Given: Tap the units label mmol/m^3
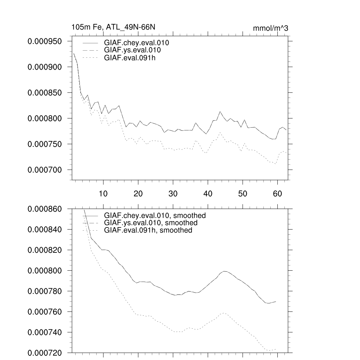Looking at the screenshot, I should click(270, 28).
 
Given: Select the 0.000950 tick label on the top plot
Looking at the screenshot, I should click(50, 41).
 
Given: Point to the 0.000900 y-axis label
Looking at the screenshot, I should click(50, 67).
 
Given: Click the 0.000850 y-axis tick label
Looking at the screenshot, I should click(50, 93).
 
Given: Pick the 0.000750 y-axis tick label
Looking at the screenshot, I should click(50, 144).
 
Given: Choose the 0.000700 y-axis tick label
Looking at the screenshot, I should click(50, 170).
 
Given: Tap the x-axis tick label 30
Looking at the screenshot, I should click(173, 194).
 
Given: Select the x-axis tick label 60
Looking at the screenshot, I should click(277, 194).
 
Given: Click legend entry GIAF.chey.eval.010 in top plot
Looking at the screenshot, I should click(136, 43).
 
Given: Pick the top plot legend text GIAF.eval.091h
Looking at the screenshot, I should click(130, 58).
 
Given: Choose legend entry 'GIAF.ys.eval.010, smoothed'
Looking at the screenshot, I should click(150, 223).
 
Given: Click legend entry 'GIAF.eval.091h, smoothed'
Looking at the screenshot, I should click(148, 230).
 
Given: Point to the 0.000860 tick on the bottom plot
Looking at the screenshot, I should click(50, 209).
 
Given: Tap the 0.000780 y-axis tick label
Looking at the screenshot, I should click(50, 291).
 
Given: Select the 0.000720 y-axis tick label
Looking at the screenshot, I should click(50, 353).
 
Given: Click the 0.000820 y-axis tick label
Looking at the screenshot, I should click(50, 250).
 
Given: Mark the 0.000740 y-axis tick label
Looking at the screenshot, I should click(50, 333).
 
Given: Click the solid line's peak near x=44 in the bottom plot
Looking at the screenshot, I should click(225, 271).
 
